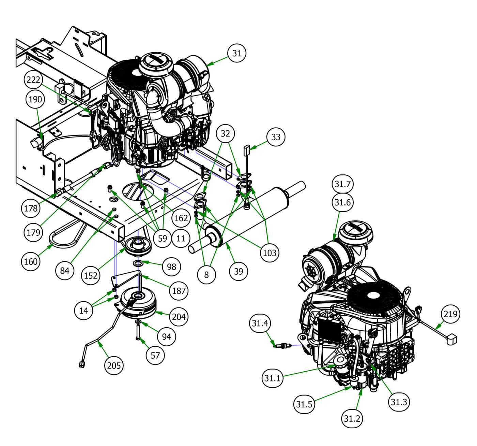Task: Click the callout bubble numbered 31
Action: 236,53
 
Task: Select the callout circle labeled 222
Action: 33,80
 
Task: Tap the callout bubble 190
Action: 35,99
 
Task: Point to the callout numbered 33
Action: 275,137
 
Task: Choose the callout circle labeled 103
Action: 270,253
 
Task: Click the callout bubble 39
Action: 238,271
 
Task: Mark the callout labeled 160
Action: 31,262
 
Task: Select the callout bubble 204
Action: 179,317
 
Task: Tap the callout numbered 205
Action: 114,365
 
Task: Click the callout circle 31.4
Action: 260,322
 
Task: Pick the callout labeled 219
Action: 450,313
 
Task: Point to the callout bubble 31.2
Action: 352,418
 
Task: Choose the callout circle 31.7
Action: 342,184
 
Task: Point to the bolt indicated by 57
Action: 138,333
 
